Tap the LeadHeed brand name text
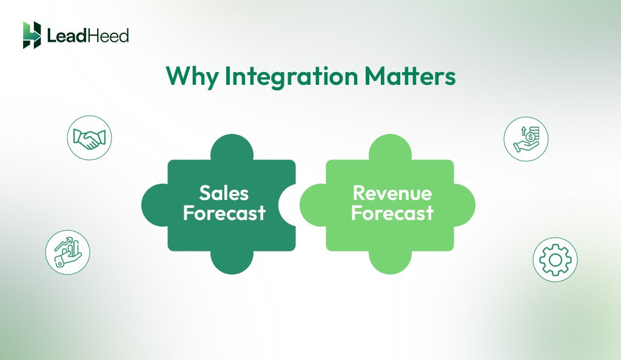[x=88, y=36]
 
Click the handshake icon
[x=89, y=138]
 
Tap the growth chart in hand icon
[x=67, y=252]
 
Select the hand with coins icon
[x=526, y=139]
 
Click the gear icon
[x=555, y=259]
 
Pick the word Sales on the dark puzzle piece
[x=224, y=193]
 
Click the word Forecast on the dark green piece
[x=224, y=213]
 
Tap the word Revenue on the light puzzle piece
[x=392, y=193]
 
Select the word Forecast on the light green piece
[x=392, y=213]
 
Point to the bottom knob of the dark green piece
[x=231, y=262]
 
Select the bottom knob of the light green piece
[x=390, y=262]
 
